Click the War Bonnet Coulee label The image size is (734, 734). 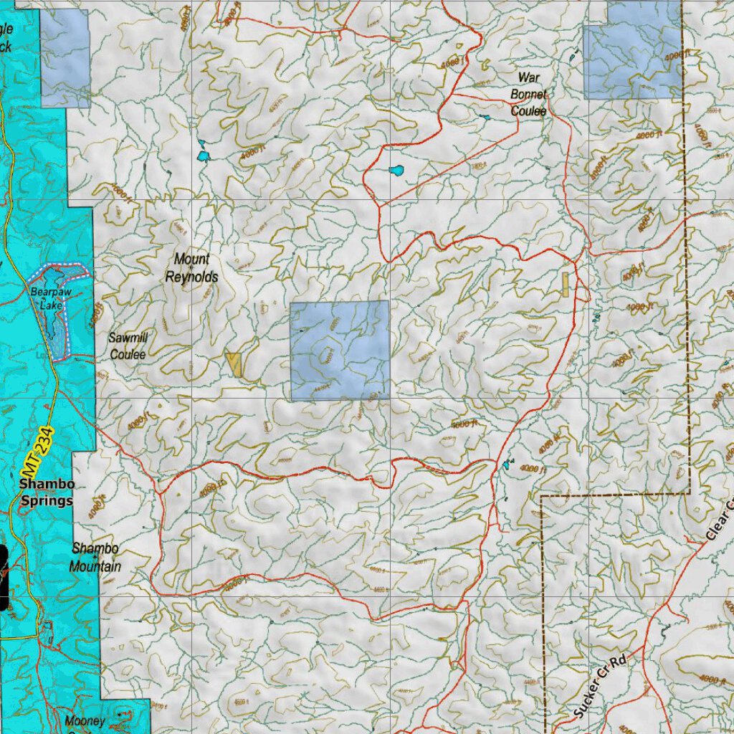click(528, 94)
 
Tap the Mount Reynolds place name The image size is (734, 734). click(191, 268)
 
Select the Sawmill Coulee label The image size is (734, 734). click(128, 345)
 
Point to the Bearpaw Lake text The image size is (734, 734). click(47, 298)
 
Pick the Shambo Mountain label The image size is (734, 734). click(95, 558)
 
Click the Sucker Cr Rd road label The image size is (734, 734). click(600, 687)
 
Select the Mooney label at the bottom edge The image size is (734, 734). click(85, 721)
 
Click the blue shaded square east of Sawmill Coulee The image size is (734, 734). click(340, 350)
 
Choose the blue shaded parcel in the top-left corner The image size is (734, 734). click(65, 58)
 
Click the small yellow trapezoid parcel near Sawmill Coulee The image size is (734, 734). click(234, 364)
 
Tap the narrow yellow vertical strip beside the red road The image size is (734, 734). click(566, 285)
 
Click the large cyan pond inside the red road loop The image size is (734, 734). click(396, 171)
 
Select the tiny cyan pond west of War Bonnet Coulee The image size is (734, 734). click(485, 118)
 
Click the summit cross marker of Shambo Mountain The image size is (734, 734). click(95, 557)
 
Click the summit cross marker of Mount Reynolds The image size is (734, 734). click(191, 267)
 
